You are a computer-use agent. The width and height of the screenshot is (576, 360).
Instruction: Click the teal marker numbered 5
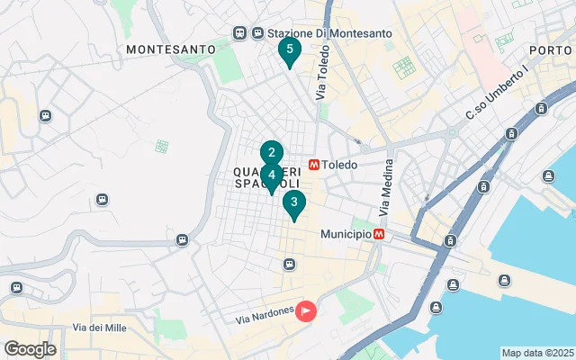point(289,51)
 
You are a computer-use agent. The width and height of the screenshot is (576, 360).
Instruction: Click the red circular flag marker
point(307,312)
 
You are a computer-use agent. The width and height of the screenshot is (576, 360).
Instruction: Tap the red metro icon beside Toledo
point(314,165)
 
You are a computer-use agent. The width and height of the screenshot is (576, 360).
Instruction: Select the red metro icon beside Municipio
point(380,233)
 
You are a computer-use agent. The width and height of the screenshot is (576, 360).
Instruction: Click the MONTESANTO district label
point(171,49)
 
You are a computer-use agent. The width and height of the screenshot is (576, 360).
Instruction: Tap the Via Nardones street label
point(265,315)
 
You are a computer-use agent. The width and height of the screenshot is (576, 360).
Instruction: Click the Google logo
point(30,349)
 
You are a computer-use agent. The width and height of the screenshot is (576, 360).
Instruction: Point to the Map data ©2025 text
point(537,353)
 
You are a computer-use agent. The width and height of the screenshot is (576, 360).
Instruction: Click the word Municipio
point(346,233)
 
